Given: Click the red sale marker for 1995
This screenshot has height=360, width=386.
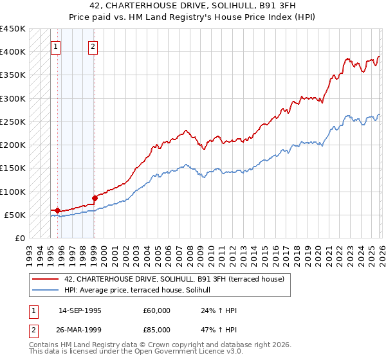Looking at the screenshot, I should pos(57,210).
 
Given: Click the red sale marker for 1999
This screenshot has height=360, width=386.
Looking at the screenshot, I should pos(95,199).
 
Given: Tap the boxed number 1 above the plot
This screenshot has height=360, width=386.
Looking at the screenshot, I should pos(56,46).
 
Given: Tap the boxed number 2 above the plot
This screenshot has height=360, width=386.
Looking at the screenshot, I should pos(93,46).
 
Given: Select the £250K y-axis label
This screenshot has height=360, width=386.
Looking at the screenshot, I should pos(13,122).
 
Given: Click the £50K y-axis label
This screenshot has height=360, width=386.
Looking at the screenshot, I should pos(15,215).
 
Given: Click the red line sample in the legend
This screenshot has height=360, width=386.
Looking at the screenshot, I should pos(45,279).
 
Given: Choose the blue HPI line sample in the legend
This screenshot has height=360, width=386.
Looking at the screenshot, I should pos(45,291).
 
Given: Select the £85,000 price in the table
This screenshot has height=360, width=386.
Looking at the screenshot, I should pos(157,328).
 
